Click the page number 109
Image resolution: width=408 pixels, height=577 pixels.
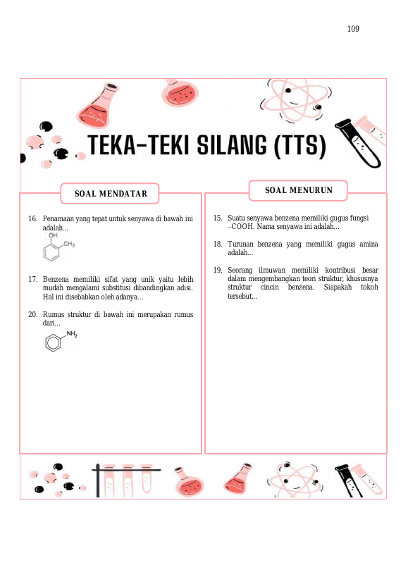point(353,29)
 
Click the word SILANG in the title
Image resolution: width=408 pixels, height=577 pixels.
point(232,145)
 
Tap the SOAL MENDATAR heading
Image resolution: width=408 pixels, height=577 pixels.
point(111,194)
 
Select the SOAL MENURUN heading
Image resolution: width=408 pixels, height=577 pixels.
point(299,190)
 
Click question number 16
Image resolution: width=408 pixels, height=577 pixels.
point(32,218)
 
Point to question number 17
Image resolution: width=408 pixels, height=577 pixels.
point(32,279)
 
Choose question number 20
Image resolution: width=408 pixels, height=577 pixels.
point(32,315)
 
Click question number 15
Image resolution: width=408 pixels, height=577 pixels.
point(218,218)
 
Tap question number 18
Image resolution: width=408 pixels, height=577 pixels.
point(218,244)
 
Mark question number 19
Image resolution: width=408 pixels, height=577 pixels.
point(218,270)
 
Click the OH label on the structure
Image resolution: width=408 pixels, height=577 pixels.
point(54,235)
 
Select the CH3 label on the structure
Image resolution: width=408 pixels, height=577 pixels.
point(69,244)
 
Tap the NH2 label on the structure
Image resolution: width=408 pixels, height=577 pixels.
point(72,334)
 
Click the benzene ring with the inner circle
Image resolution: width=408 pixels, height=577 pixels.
point(53,342)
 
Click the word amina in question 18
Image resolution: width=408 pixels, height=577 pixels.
point(369,244)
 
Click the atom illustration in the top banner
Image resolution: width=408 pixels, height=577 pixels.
point(295,101)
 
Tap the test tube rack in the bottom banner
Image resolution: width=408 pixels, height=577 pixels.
point(126,480)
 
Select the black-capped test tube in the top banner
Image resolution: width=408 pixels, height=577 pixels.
point(358,144)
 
